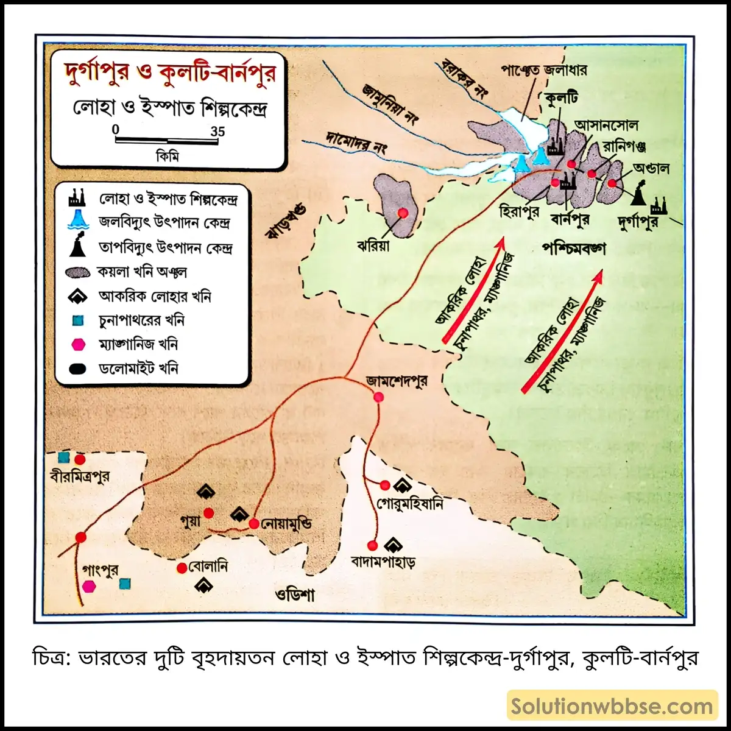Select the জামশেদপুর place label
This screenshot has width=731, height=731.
[x=397, y=381]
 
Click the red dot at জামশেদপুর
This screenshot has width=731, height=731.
[x=378, y=397]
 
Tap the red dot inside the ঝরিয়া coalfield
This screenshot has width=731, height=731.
[x=402, y=213]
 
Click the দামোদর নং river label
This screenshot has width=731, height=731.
[x=357, y=142]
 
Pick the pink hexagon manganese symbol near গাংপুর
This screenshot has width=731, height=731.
[x=89, y=586]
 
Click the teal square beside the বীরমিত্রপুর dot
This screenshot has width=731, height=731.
[x=63, y=457]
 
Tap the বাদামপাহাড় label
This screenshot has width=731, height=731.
[x=383, y=562]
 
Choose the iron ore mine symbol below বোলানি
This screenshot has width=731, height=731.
[x=203, y=585]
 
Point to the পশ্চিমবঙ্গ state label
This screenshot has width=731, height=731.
[x=574, y=249]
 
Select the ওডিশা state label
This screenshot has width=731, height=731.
[x=295, y=594]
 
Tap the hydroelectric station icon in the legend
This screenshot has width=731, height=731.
[x=79, y=222]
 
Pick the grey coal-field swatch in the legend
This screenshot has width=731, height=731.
[x=79, y=272]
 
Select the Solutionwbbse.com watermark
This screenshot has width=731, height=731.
[x=612, y=706]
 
